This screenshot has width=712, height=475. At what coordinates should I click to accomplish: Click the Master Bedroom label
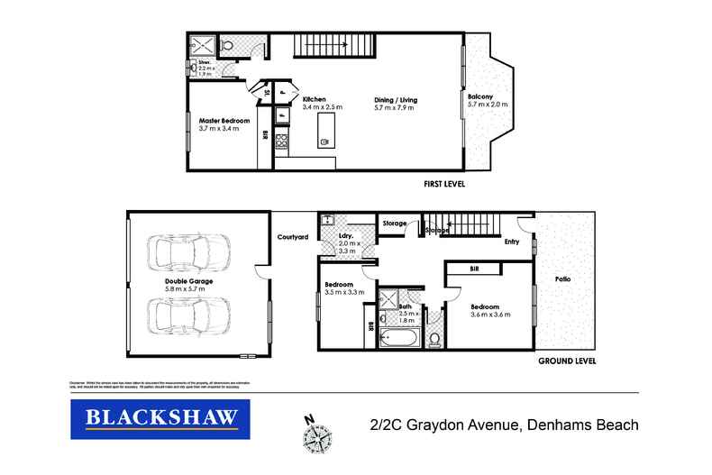[224, 120]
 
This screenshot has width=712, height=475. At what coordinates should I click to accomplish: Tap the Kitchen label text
[314, 99]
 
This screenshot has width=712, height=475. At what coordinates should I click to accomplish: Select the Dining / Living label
[396, 99]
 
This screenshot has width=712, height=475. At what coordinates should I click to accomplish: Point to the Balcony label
[479, 96]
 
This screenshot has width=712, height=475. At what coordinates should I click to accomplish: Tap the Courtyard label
[293, 237]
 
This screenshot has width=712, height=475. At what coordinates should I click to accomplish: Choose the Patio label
[563, 279]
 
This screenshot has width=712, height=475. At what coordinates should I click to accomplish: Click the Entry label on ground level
[512, 242]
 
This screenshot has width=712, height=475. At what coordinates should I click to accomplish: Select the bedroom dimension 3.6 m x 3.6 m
[490, 315]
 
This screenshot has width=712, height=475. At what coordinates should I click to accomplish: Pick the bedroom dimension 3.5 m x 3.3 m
[343, 293]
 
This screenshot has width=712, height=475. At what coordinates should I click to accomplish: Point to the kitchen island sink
[324, 142]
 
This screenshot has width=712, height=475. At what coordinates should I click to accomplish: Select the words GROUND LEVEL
[564, 362]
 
